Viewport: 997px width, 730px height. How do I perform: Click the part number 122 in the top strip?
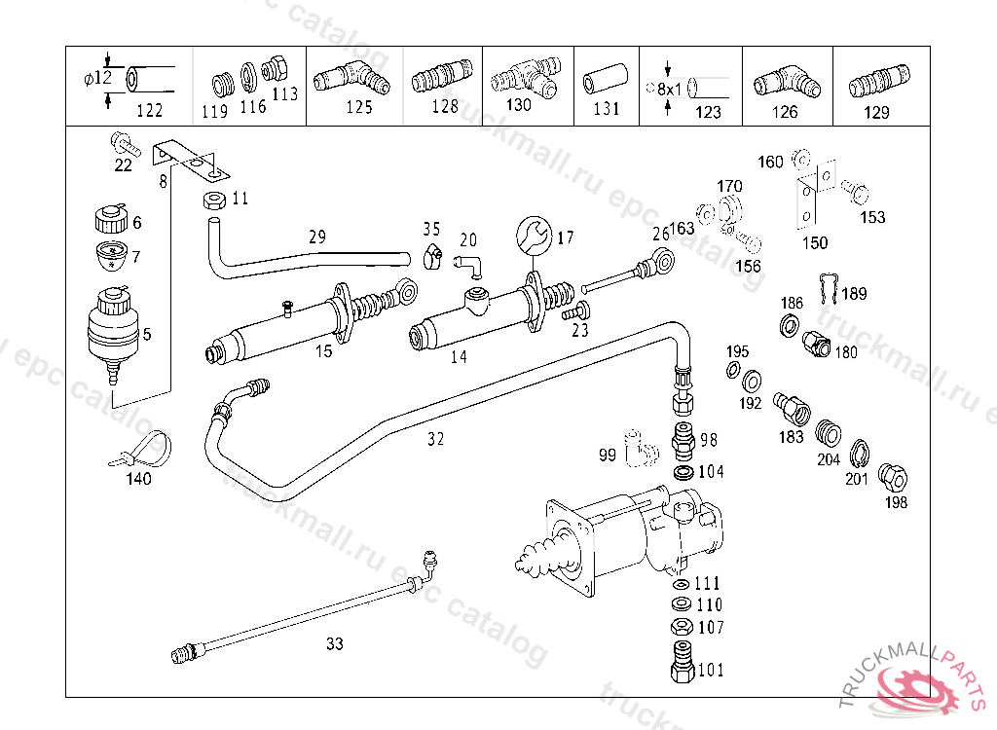(x=149, y=110)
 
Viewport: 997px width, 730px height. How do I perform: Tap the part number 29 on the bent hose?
(x=316, y=237)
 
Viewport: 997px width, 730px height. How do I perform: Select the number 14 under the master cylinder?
(x=458, y=357)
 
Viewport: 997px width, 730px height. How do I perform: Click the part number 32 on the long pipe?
(x=435, y=439)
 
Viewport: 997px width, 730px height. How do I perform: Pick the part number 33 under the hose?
(x=335, y=643)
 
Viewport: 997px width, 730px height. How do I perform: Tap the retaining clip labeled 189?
(x=828, y=286)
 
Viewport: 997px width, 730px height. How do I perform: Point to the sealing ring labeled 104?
(x=683, y=472)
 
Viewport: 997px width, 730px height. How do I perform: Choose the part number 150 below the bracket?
(x=815, y=242)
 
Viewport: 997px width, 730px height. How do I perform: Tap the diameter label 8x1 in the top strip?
(x=671, y=88)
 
